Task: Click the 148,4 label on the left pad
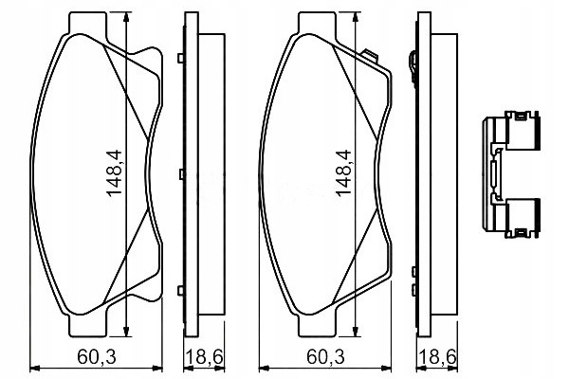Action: click(115, 173)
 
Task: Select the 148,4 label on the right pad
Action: click(344, 173)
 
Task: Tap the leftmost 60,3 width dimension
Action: click(97, 357)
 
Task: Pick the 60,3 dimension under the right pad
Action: click(326, 357)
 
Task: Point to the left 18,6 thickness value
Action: click(204, 357)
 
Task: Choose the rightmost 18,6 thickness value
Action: click(437, 357)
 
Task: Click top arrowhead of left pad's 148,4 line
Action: click(126, 17)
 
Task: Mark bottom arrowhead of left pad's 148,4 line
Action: click(126, 332)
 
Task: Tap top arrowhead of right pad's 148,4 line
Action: click(356, 17)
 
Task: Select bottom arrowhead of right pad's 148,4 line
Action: click(356, 332)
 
